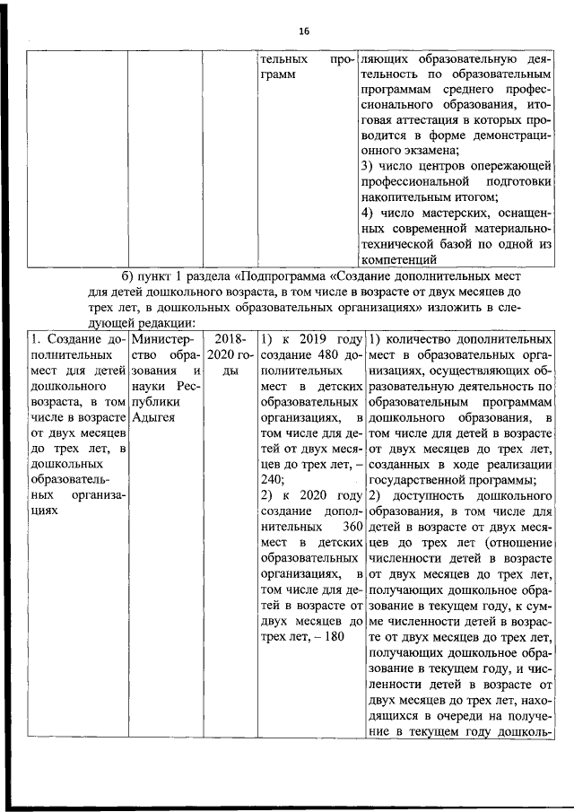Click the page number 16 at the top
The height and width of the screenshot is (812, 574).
304,31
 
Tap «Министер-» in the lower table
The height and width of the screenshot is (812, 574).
159,341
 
